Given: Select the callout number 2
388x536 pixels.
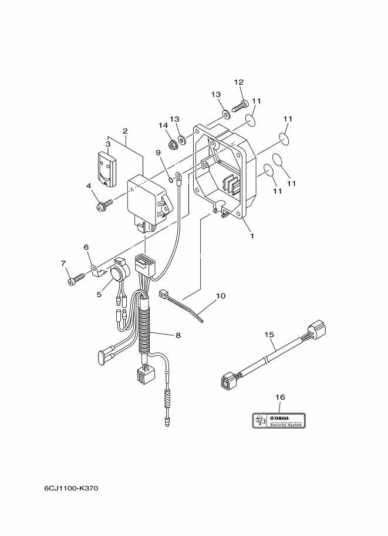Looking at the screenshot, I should point(125,131).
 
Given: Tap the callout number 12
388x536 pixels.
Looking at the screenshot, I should point(238,82).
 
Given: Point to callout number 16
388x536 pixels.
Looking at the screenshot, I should point(279,397).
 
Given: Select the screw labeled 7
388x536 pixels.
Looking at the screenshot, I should point(75,280).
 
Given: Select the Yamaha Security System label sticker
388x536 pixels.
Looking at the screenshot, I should point(279,420).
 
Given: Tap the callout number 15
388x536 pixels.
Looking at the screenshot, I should point(269,335).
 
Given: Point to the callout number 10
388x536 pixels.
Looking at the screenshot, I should point(221,296).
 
